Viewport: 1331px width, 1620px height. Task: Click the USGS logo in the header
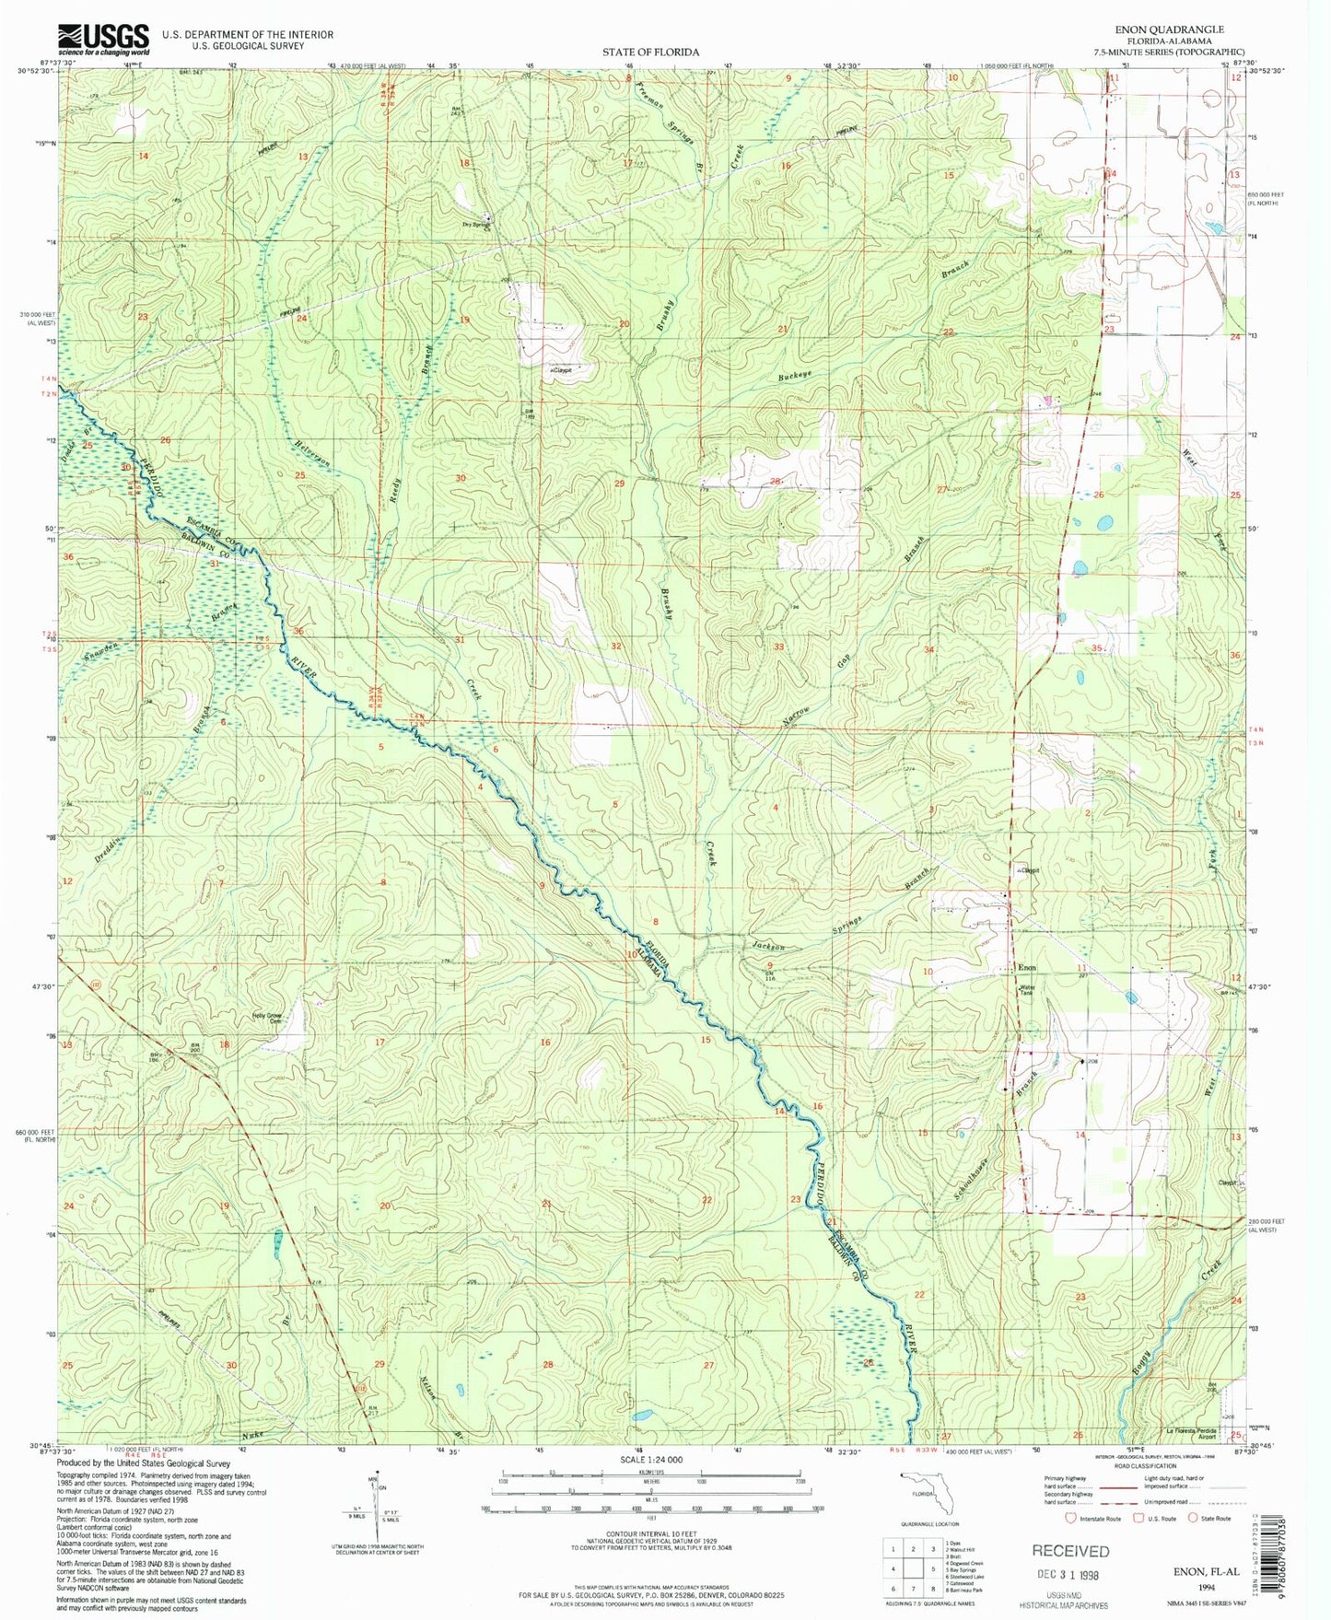tap(103, 37)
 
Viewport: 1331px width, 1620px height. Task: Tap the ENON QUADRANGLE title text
tap(1169, 29)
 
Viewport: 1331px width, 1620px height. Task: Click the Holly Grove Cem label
tap(267, 1018)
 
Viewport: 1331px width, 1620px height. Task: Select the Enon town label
tap(1026, 968)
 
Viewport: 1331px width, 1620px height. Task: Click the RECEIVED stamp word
tap(1069, 1551)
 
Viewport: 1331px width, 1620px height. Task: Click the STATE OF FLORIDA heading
tap(650, 52)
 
